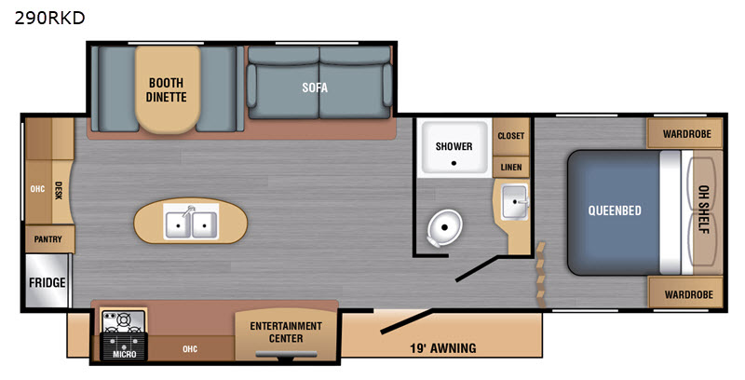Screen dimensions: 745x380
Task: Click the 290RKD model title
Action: point(50,18)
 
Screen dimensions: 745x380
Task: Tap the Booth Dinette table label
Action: point(167,89)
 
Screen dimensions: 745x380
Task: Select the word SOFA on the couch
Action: point(315,88)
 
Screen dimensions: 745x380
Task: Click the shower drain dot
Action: point(454,163)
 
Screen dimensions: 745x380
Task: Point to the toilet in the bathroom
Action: point(443,228)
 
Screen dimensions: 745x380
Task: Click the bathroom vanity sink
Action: point(515,202)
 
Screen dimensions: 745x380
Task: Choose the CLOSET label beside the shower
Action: point(511,136)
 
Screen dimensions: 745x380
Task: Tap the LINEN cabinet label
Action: point(511,168)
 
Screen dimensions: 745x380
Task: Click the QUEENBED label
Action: point(615,210)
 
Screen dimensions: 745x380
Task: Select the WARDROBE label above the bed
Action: point(687,134)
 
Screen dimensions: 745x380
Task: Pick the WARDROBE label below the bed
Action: point(688,294)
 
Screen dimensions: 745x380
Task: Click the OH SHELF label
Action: point(704,210)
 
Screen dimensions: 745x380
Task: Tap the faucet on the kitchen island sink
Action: point(190,211)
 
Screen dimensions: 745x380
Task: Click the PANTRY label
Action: point(48,239)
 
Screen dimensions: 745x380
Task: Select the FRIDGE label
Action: point(47,283)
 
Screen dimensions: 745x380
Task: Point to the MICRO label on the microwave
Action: point(125,354)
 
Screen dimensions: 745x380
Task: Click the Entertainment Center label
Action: point(286,332)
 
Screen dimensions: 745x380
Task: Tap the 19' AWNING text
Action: point(443,348)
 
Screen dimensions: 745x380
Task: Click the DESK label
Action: point(59,190)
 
